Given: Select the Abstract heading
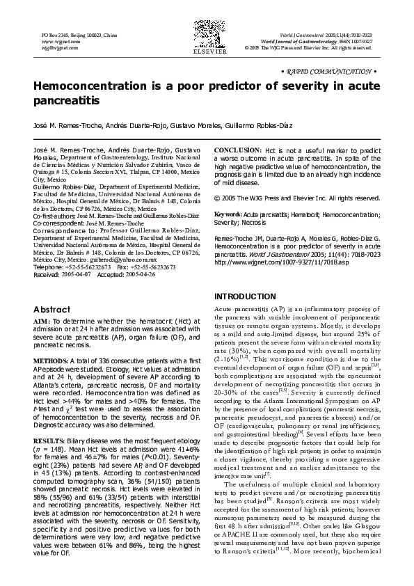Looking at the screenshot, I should click(51, 309).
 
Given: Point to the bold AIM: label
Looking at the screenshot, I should click(41, 320).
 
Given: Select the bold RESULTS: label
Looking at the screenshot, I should click(49, 422).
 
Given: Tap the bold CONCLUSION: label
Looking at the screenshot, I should click(237, 150).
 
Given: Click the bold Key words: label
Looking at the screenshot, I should click(227, 214).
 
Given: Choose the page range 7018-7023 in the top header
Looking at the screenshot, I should click(358, 34).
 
